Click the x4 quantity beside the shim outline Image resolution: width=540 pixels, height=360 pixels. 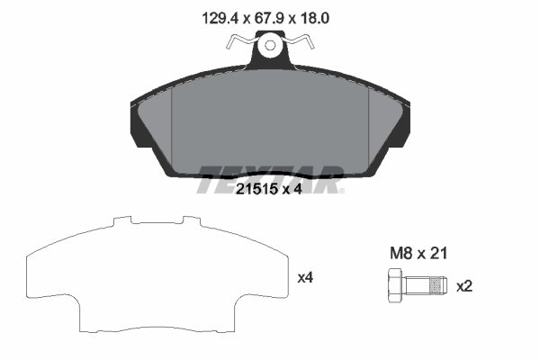click(306, 278)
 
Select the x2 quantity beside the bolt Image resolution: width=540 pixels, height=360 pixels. click(464, 286)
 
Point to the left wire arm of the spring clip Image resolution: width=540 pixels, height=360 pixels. click(238, 40)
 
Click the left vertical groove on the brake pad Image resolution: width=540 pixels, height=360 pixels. click(169, 121)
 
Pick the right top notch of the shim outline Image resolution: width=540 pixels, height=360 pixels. click(190, 219)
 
